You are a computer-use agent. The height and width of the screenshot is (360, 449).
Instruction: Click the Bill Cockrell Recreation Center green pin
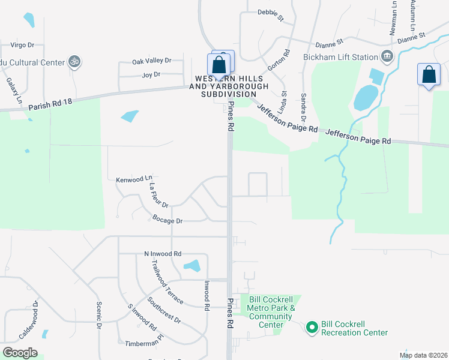click(312, 328)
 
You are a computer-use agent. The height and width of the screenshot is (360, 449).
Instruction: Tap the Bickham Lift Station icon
click(387, 57)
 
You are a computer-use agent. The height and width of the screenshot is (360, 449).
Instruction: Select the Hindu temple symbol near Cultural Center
click(74, 61)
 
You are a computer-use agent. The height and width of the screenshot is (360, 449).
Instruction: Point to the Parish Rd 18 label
click(50, 105)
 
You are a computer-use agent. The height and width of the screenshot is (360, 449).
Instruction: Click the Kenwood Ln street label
click(134, 179)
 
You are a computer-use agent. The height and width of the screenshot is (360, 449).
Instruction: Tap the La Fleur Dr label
click(158, 196)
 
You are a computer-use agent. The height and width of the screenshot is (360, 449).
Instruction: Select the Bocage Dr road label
click(167, 221)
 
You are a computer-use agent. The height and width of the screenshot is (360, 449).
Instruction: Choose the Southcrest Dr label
click(164, 311)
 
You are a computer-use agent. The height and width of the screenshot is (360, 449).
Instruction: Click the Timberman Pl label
click(144, 342)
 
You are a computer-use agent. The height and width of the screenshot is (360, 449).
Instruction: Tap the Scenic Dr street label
click(99, 314)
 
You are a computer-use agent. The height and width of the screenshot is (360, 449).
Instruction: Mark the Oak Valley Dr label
click(152, 61)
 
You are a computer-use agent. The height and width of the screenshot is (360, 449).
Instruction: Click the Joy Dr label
click(151, 74)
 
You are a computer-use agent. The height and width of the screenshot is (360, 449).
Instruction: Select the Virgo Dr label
click(23, 44)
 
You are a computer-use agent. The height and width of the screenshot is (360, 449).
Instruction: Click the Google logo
click(19, 353)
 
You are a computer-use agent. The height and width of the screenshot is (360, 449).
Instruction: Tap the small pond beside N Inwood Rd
click(192, 265)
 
